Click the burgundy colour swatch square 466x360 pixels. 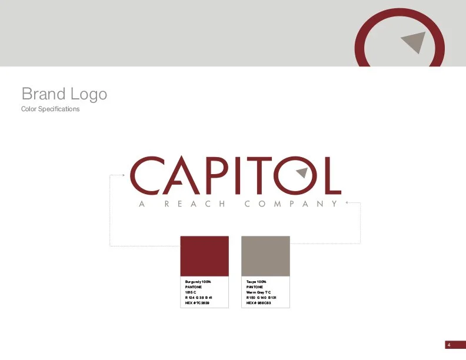204,256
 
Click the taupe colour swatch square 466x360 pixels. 265,256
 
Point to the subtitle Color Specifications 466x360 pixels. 50,109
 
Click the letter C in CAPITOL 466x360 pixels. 144,175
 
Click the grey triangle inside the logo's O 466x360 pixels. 302,172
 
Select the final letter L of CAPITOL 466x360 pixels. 333,175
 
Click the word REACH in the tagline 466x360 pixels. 194,204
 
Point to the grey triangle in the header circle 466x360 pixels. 414,41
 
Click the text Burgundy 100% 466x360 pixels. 198,282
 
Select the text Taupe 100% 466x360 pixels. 257,282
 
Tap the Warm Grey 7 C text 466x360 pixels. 259,292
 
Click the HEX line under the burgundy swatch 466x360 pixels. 198,303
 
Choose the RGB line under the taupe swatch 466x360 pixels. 261,298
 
